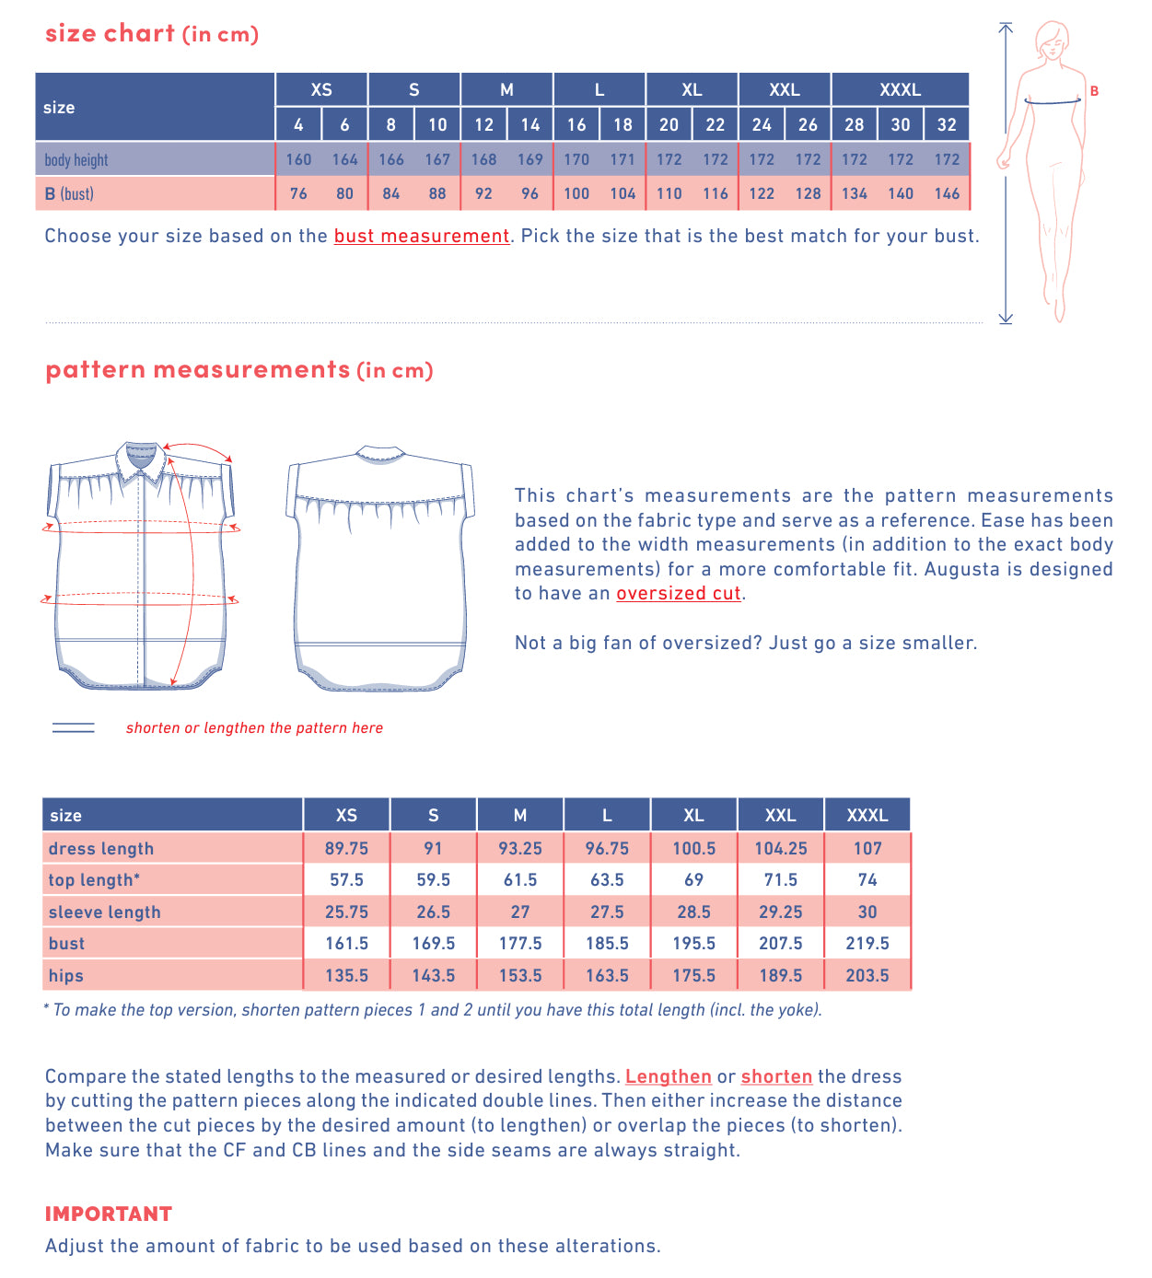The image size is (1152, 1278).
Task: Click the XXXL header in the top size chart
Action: [900, 89]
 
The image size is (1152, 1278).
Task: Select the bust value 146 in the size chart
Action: [947, 193]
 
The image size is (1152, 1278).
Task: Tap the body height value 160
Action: [298, 159]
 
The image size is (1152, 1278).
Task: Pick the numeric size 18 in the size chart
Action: [623, 124]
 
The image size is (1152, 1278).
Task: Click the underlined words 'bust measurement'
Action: [422, 236]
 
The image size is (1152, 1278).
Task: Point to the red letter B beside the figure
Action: [1094, 91]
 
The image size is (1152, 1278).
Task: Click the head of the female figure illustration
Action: [1051, 40]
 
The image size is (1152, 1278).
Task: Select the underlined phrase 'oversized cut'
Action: [679, 593]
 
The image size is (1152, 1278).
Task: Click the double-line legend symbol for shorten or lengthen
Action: [74, 727]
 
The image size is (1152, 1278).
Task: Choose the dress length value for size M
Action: [520, 848]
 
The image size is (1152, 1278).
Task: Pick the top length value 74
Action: [867, 879]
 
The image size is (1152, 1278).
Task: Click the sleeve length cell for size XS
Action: [346, 912]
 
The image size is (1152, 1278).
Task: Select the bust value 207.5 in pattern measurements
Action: [780, 943]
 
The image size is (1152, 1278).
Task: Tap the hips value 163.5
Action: [607, 975]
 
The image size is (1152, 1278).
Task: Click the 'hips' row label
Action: [66, 975]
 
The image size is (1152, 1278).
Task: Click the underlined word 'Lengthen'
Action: [668, 1076]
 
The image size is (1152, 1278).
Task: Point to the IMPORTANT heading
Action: [109, 1214]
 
